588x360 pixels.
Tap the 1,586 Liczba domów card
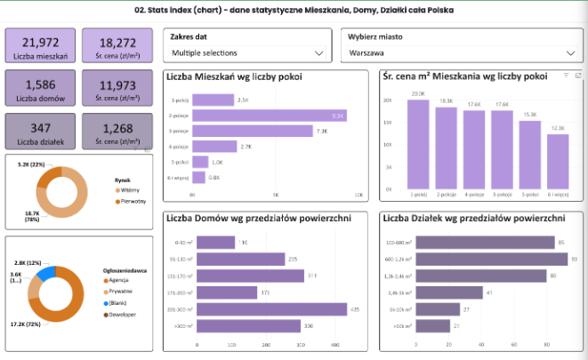pyautogui.click(x=40, y=90)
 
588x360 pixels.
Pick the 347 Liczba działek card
pyautogui.click(x=40, y=132)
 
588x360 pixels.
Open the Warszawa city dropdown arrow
pyautogui.click(x=569, y=53)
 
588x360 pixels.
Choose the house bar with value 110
pyautogui.click(x=213, y=242)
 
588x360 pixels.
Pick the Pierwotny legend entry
pyautogui.click(x=130, y=202)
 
